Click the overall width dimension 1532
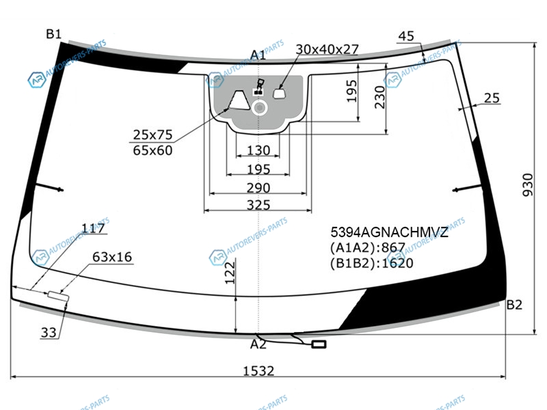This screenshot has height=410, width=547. click(258, 370)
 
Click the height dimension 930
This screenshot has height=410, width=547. click(528, 184)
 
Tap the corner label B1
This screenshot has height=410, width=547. click(54, 33)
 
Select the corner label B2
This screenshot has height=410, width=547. click(514, 305)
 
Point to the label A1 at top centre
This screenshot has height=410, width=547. click(258, 55)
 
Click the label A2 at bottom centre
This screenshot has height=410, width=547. click(258, 344)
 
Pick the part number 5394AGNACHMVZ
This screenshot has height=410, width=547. click(389, 232)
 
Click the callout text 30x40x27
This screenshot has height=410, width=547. click(328, 49)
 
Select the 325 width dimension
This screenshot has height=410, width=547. click(258, 205)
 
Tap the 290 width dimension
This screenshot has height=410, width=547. click(258, 188)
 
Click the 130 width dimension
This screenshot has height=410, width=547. click(258, 150)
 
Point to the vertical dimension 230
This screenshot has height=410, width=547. click(380, 97)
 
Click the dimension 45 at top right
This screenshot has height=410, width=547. click(406, 36)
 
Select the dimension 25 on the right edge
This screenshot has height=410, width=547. click(492, 98)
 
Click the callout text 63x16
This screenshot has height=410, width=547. click(112, 257)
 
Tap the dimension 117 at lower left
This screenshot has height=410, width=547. click(93, 228)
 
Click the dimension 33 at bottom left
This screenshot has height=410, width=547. click(49, 333)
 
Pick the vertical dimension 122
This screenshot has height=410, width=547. click(230, 273)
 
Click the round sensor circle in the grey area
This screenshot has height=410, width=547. click(259, 108)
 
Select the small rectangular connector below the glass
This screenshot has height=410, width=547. click(319, 344)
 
